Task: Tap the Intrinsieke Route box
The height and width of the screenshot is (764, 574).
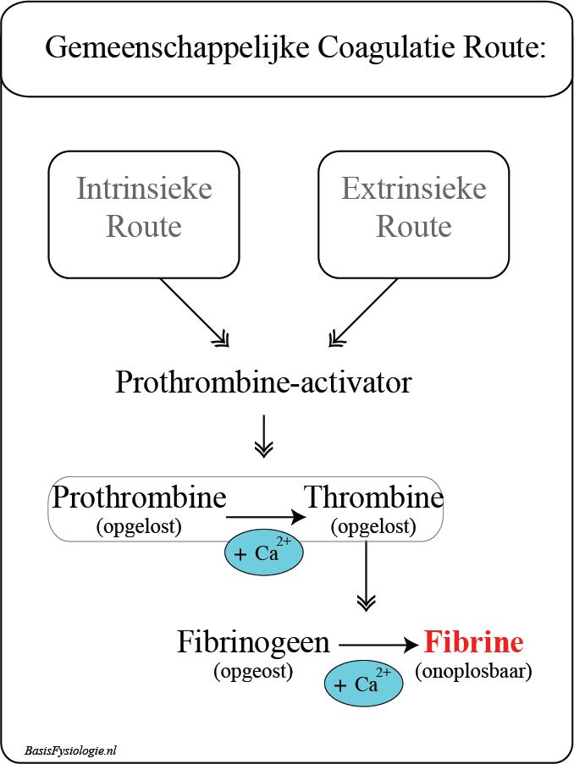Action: (x=144, y=213)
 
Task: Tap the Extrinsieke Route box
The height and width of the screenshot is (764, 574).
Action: (x=414, y=213)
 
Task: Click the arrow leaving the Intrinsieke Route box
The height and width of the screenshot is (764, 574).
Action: (x=194, y=312)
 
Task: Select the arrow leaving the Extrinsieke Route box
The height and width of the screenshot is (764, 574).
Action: (x=363, y=312)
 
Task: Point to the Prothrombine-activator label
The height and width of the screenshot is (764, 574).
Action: (x=263, y=382)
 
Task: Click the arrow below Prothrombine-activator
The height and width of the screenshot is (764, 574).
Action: (x=264, y=436)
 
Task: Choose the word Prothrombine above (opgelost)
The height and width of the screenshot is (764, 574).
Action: (x=139, y=497)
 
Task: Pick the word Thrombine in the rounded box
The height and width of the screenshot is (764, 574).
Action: (x=373, y=497)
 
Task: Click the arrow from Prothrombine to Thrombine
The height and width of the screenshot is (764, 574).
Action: (x=266, y=516)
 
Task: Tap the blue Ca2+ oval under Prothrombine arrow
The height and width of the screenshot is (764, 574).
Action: (x=263, y=554)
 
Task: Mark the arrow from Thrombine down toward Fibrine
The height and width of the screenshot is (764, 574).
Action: (x=366, y=575)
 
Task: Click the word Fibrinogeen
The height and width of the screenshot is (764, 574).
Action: (x=253, y=642)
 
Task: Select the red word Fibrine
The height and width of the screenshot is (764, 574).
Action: (x=474, y=642)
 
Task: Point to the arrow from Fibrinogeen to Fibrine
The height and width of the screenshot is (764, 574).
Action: (x=378, y=646)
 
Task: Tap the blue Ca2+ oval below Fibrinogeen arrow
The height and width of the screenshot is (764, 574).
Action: (x=364, y=684)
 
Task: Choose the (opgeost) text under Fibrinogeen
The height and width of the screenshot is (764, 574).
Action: (x=253, y=672)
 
